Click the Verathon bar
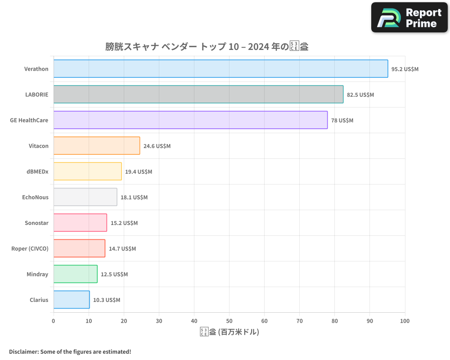pos(220,69)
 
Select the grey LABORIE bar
pos(198,94)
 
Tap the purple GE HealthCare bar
pos(190,120)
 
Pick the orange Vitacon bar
pos(97,146)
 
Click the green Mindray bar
pos(75,274)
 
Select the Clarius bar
pos(72,300)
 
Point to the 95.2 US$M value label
pos(405,69)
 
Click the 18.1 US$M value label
pos(134,197)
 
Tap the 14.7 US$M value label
pos(122,248)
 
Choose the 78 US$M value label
pos(342,120)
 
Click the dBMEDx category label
pos(37,171)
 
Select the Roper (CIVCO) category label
pos(30,248)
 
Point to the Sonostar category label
pos(36,223)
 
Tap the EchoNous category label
pos(35,197)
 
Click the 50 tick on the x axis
pos(229,321)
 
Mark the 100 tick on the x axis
pos(405,321)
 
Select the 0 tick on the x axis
pos(54,321)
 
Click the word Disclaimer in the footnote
pos(23,351)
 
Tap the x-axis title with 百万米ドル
pos(229,332)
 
